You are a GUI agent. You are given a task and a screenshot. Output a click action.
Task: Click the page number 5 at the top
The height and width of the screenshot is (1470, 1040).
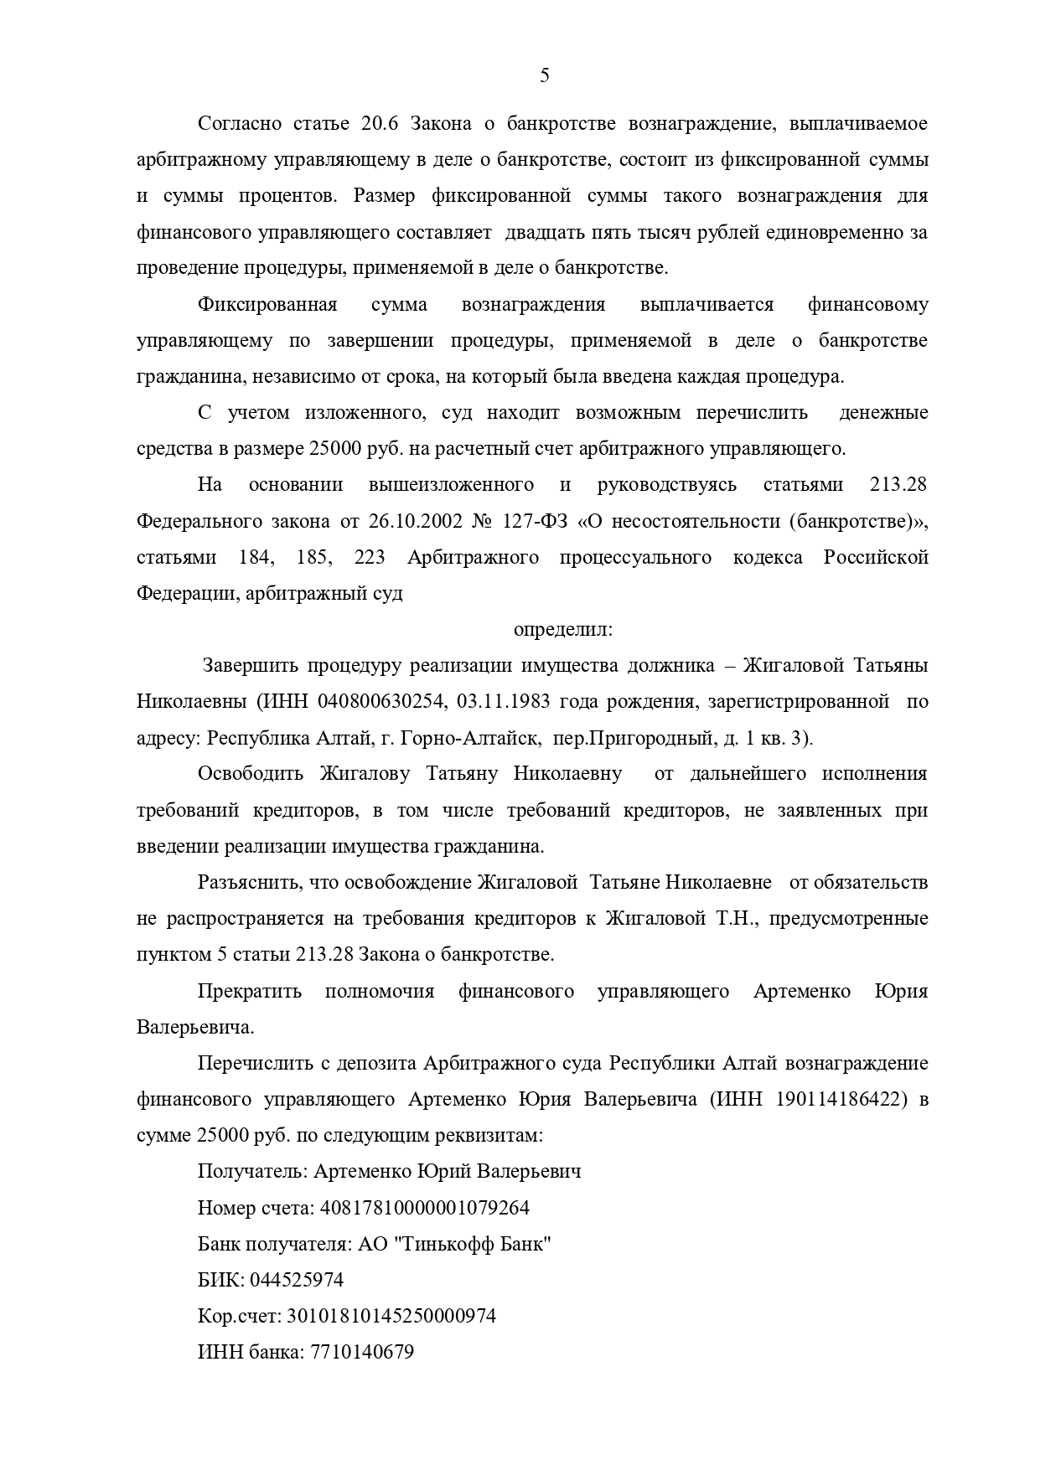pos(545,76)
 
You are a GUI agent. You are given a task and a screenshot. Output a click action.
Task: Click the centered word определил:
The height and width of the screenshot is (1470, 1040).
pos(563,628)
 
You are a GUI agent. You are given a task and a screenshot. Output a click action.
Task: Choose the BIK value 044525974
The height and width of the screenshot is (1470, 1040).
pos(297,1280)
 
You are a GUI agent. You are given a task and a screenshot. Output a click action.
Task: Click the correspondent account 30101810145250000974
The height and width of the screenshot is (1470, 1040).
pos(391,1316)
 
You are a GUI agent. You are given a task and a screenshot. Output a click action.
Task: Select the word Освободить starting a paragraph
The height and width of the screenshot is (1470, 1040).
pos(250,773)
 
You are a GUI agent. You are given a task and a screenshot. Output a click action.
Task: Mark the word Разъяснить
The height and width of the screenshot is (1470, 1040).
pos(251,882)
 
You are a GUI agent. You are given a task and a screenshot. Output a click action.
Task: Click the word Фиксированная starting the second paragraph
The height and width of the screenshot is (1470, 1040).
pos(267,305)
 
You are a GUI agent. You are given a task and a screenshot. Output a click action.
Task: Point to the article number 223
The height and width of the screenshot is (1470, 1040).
pos(370,558)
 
